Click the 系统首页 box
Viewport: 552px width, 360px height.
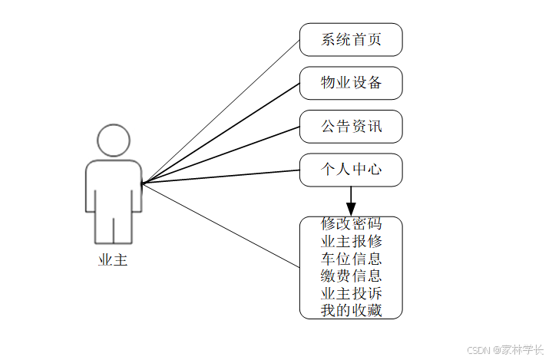[x=351, y=40]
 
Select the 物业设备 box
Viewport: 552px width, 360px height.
[x=351, y=83]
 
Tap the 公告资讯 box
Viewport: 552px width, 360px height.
[x=351, y=127]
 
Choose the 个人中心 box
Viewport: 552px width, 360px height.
[x=351, y=170]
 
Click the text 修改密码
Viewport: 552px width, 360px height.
[x=351, y=224]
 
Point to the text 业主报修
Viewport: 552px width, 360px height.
[x=351, y=241]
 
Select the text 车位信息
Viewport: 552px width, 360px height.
[x=351, y=259]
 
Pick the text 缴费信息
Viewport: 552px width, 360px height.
[x=351, y=276]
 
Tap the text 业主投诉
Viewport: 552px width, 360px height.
[x=351, y=293]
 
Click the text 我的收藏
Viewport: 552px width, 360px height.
[x=351, y=310]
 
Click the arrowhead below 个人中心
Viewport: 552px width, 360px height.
[x=351, y=209]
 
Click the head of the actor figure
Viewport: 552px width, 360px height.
[x=113, y=140]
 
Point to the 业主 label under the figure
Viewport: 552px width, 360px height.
[x=113, y=260]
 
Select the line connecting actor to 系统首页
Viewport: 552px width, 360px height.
[x=220, y=111]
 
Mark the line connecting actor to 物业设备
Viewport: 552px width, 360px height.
[x=220, y=134]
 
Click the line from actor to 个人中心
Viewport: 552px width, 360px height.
[x=220, y=177]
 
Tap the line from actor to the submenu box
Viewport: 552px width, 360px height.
[x=220, y=225]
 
